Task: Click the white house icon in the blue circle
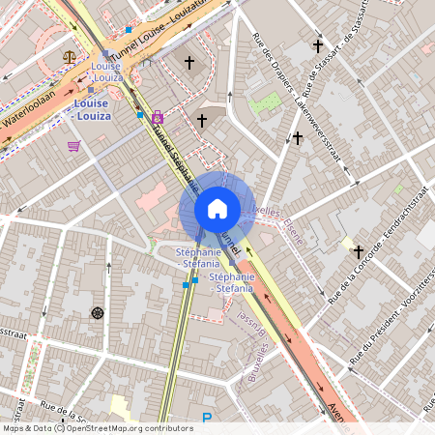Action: (217, 208)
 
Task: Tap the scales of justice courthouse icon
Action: (70, 56)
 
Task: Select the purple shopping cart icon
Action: (73, 147)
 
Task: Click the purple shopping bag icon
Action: (157, 117)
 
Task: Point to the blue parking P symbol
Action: (206, 419)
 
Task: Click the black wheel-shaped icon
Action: (97, 312)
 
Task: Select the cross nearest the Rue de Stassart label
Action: (317, 45)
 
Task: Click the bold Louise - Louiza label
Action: (93, 109)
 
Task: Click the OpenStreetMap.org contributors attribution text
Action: (126, 428)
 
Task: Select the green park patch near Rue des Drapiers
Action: (264, 101)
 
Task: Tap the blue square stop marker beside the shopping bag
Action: (140, 115)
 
